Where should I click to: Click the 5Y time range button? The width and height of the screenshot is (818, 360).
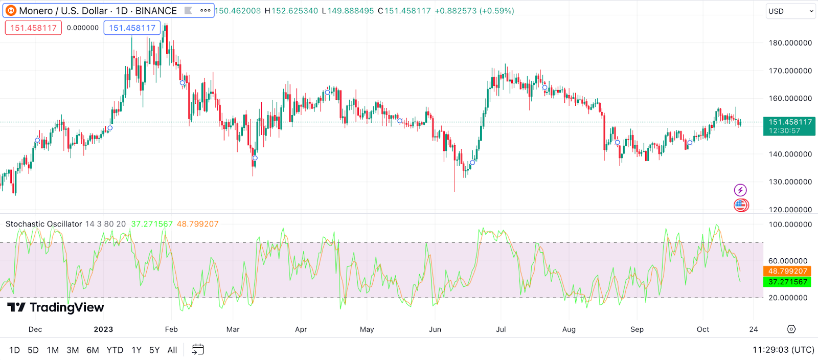(x=154, y=350)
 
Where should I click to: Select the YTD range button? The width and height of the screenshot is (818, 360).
(x=115, y=350)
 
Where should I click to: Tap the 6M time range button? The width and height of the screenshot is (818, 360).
(x=93, y=350)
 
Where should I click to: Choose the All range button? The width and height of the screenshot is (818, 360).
(x=172, y=350)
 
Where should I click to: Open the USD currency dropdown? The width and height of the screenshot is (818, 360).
(x=790, y=11)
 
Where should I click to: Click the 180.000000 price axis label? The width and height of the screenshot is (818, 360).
(x=790, y=43)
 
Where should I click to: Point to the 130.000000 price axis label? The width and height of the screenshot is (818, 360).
(x=790, y=182)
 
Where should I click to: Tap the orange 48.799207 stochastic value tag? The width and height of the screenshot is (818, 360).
(x=787, y=272)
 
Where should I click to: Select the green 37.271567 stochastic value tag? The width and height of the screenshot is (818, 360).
(x=787, y=282)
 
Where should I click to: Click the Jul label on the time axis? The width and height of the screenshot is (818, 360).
(x=501, y=329)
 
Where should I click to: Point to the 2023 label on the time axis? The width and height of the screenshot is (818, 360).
(x=103, y=329)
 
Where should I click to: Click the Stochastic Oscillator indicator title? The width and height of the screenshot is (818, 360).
(x=43, y=224)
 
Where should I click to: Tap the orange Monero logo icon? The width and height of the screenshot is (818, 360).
(x=11, y=11)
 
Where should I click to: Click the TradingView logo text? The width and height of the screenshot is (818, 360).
(x=56, y=307)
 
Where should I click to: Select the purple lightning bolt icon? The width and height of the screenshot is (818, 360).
(x=740, y=190)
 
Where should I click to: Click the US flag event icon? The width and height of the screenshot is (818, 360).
(x=741, y=206)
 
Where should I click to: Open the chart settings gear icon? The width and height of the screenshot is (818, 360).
(x=791, y=329)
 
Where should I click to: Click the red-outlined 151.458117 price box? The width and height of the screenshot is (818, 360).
(x=33, y=28)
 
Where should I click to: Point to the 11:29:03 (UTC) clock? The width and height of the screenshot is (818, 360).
(x=783, y=350)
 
